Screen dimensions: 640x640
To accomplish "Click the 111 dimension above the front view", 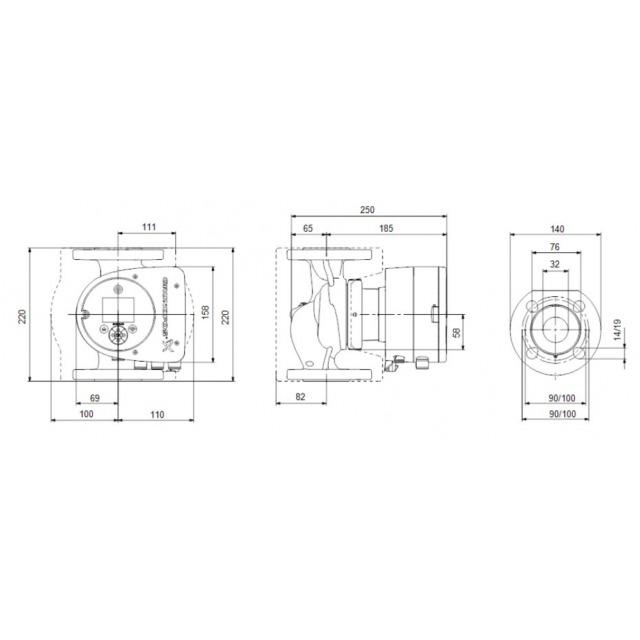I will (x=148, y=227).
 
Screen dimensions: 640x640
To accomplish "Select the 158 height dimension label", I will (x=205, y=312).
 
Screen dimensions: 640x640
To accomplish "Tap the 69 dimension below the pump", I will (x=94, y=397).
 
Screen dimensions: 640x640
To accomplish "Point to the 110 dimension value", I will (x=157, y=414).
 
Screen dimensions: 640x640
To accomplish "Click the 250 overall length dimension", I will (x=367, y=210).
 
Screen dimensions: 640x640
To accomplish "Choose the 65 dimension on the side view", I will (x=308, y=228).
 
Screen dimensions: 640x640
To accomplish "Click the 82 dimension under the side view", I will (x=301, y=397).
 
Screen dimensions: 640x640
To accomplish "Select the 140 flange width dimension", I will (x=556, y=228).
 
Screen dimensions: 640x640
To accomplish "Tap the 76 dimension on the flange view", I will (x=554, y=246).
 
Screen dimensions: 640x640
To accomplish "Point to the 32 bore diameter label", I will (x=554, y=264).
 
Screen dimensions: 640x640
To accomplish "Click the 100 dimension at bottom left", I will (x=86, y=414).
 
